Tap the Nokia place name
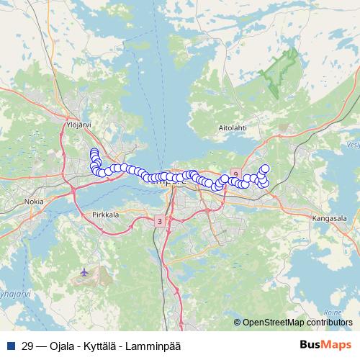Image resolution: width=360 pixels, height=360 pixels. (x=33, y=203)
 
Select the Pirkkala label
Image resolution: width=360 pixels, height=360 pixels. (x=106, y=215)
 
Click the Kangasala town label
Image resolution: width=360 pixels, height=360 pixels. (x=330, y=216)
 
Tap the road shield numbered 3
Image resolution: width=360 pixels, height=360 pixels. (x=159, y=221)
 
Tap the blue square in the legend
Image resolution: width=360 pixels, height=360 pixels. (x=9, y=346)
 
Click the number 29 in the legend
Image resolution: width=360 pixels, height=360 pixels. (x=27, y=346)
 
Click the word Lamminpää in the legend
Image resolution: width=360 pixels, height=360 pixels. (x=153, y=346)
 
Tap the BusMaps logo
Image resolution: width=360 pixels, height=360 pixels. (x=325, y=346)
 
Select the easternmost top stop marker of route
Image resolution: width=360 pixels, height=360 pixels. (x=264, y=168)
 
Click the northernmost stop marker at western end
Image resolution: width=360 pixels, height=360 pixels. (x=94, y=151)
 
